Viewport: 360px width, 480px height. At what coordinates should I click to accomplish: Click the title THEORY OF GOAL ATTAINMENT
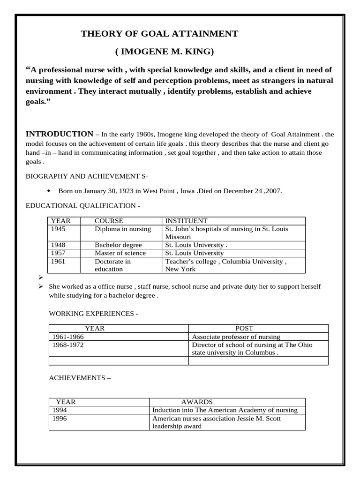click(159, 34)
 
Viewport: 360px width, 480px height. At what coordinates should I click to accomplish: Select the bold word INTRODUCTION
click(59, 134)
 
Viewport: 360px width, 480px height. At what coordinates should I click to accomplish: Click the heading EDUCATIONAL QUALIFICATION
click(82, 205)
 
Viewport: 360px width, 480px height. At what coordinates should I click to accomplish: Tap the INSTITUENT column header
click(186, 221)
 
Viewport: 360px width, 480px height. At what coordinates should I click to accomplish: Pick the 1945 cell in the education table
click(59, 229)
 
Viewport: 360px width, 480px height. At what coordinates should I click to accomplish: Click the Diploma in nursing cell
click(123, 229)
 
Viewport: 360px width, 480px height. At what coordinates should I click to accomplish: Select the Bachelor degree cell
click(118, 245)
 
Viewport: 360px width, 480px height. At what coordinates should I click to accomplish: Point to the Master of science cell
click(120, 253)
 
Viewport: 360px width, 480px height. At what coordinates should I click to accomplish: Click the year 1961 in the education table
click(59, 261)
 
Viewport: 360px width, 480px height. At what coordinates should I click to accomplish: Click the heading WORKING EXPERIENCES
click(94, 313)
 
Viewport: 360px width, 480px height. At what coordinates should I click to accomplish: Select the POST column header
click(244, 329)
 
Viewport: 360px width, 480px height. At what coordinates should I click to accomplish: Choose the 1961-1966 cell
click(68, 337)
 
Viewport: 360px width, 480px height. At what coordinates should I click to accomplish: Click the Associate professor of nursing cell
click(236, 337)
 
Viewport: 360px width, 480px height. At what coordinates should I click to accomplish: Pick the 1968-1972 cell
click(68, 345)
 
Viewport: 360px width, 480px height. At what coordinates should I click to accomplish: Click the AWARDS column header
click(197, 402)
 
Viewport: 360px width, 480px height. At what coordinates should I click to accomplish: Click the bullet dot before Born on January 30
click(49, 191)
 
